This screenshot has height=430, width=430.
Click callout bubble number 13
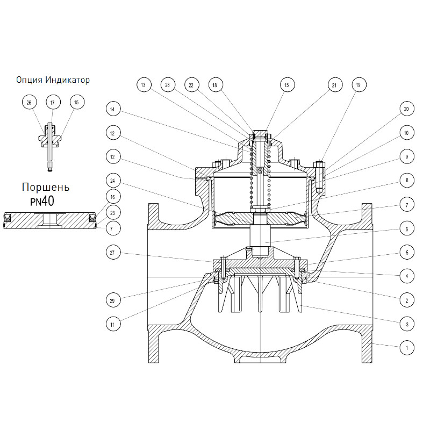coord(144,85)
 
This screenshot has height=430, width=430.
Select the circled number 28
coord(167,85)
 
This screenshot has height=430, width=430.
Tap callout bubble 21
coord(334,85)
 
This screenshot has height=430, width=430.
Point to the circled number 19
coord(358,85)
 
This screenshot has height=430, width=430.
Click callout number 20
coord(406,109)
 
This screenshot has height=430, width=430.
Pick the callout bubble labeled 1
coord(407,348)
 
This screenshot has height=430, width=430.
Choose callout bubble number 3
coord(407,325)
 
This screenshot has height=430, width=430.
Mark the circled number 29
coord(113,300)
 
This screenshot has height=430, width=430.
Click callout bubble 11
coord(113,325)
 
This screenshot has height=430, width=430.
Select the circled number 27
coord(113,253)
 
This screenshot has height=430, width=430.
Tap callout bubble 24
coord(113,181)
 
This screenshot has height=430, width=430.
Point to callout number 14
coord(113,109)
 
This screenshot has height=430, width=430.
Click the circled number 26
coord(29,103)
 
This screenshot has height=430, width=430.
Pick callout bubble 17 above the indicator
coord(53,103)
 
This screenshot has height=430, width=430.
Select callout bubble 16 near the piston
coord(113,197)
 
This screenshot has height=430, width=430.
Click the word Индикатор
coord(68,80)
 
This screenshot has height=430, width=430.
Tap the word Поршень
coord(46,187)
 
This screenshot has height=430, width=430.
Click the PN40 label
coord(42,202)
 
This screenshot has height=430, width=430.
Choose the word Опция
coord(30,80)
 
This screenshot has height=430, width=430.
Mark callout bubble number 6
coord(407,229)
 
